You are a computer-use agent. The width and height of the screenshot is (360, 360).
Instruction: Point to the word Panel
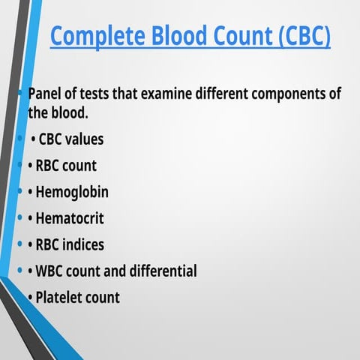coord(46,94)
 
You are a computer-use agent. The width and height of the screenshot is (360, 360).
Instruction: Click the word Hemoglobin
coord(72,192)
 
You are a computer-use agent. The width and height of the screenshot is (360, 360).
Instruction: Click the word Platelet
coord(59,297)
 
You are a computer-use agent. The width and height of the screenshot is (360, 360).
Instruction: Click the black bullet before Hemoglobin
coord(30,192)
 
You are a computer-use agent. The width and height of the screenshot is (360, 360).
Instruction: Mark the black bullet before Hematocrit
coord(30,218)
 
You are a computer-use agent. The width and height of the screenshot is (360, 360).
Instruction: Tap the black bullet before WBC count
coord(30,271)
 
